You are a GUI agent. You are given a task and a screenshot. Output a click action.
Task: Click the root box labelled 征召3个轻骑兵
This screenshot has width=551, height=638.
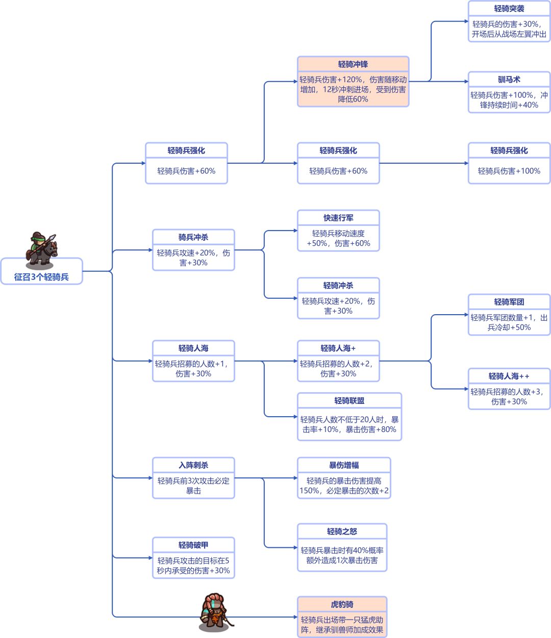point(41,277)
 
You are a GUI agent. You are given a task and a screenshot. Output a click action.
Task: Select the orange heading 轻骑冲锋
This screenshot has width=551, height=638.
point(353,64)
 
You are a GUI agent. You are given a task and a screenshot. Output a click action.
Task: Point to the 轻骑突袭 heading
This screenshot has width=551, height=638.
point(509,9)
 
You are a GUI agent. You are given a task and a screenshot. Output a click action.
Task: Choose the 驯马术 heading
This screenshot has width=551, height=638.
point(509,80)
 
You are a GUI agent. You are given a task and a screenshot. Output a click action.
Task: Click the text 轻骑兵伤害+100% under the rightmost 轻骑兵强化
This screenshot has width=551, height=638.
point(509,171)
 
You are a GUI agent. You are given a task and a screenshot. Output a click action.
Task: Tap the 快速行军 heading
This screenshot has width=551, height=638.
point(338,218)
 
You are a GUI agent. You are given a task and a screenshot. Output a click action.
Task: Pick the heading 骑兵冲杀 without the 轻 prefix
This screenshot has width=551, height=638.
point(193,237)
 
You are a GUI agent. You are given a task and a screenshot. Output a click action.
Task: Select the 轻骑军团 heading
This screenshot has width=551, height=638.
point(509,302)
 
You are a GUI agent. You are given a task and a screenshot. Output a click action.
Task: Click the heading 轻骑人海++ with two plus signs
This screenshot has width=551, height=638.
point(509,376)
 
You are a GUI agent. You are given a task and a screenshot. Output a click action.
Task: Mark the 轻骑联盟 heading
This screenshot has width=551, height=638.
point(349,401)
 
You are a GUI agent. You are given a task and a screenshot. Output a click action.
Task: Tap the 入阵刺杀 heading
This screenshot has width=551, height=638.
point(193,465)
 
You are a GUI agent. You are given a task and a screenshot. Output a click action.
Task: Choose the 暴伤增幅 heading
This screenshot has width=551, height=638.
point(344,465)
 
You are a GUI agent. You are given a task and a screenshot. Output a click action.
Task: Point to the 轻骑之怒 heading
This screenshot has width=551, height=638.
point(342,531)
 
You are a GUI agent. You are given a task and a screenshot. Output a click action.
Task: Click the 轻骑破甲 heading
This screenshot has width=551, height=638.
point(193,545)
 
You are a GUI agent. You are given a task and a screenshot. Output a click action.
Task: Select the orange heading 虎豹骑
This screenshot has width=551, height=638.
point(342,604)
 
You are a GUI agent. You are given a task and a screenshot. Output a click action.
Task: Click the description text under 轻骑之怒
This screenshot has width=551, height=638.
point(342,555)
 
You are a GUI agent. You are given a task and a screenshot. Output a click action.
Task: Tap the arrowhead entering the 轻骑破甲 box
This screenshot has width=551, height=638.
point(150,558)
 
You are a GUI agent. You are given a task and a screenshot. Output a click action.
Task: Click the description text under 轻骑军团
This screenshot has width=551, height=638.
point(509,322)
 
